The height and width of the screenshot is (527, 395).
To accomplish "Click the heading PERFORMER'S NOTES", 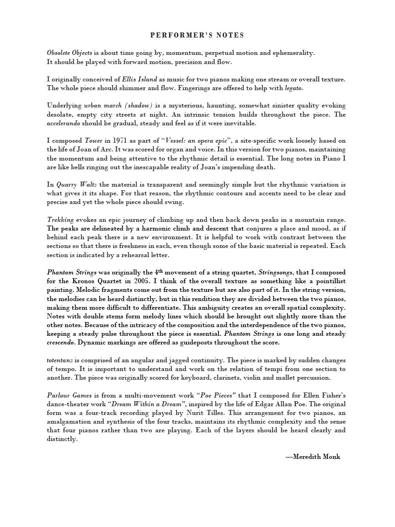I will (197, 35).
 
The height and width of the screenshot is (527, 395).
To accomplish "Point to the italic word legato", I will (293, 88).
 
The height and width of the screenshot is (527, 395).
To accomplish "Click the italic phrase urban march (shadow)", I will (118, 106).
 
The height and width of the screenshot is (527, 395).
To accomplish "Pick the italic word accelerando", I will (66, 123).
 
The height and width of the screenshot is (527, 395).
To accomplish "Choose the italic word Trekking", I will (60, 220).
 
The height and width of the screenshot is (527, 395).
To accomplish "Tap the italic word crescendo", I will (62, 342).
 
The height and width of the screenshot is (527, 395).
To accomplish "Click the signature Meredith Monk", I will (316, 457).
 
